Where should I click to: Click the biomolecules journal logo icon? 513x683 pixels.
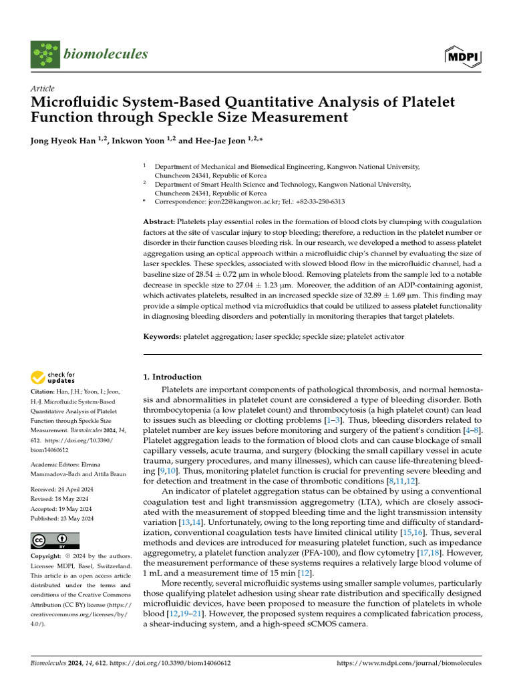(x=44, y=54)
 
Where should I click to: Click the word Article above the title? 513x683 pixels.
(x=43, y=89)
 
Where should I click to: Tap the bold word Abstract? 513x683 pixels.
(x=160, y=221)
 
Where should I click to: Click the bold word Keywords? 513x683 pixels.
(x=162, y=337)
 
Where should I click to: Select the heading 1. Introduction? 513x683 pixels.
(x=172, y=377)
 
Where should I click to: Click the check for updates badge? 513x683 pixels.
(x=53, y=379)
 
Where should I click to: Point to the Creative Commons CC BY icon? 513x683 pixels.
(x=55, y=541)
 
